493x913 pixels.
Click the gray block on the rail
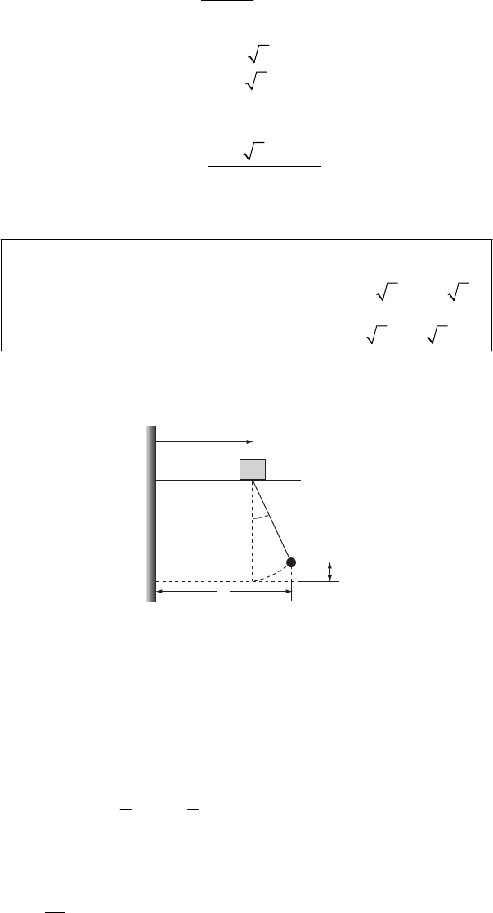point(252,469)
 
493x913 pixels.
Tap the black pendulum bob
point(290,562)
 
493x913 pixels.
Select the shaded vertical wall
point(150,513)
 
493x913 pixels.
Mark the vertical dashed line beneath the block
point(252,535)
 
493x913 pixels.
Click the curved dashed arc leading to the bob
point(275,574)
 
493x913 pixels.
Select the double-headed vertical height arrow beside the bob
point(329,571)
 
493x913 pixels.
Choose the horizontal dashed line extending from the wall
point(204,581)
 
